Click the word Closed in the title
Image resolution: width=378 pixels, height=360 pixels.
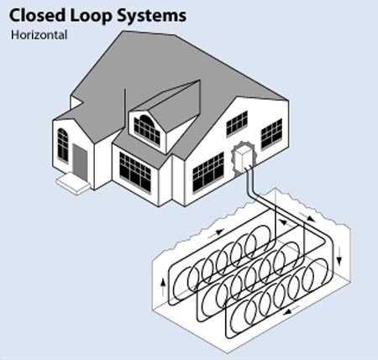pos(38,15)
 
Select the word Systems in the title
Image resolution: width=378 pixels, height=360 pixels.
pos(151,17)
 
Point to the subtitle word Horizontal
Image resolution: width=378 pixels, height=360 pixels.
pos(39,35)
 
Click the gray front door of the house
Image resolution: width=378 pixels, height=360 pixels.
pos(80,162)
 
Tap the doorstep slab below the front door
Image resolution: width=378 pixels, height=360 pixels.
pos(73,184)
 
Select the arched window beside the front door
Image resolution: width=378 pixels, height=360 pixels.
pos(63,145)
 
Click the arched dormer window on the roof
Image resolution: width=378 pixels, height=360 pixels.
pos(147,130)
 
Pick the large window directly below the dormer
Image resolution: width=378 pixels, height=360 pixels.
pos(135,172)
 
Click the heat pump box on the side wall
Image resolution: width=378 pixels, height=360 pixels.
pos(243,159)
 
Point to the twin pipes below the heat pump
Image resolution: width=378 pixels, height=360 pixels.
pos(250,182)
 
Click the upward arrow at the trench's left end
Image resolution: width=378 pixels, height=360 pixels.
pos(163,286)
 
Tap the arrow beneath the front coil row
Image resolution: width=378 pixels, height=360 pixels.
pos(291,310)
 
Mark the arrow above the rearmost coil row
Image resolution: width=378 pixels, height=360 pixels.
pos(216,232)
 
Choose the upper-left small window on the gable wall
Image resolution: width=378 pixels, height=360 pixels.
pos(237,123)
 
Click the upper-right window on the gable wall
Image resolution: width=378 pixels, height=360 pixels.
pos(271,134)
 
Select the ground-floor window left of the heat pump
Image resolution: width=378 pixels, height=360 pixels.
pos(208,172)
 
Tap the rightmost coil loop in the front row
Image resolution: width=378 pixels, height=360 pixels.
pos(316,275)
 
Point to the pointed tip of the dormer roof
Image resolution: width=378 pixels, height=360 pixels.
pos(200,81)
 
